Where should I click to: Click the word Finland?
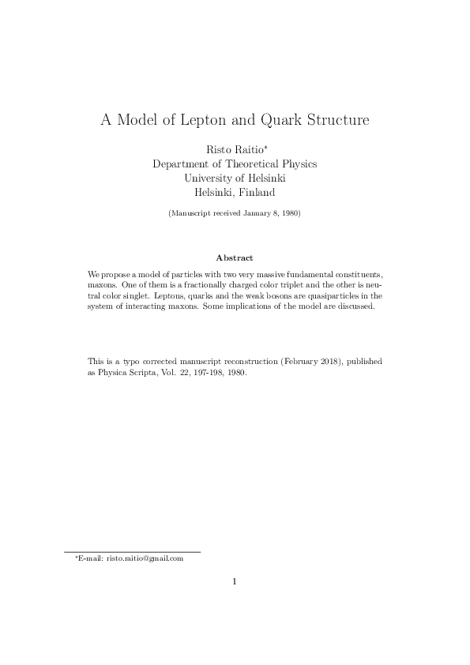pos(255,192)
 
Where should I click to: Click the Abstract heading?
pos(235,257)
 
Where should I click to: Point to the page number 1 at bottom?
pos(235,583)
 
